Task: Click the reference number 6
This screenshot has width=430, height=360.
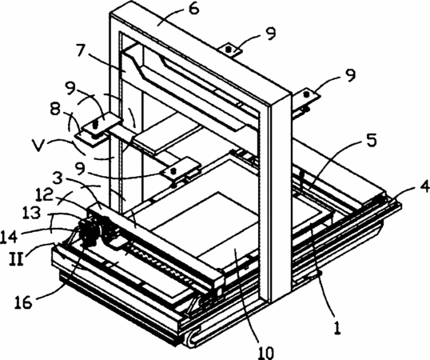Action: click(x=193, y=9)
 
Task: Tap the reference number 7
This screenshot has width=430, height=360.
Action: click(x=82, y=50)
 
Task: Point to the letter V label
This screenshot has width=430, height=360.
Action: click(x=38, y=144)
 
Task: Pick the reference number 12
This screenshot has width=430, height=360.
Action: click(x=44, y=196)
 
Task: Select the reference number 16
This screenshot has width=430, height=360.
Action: click(x=24, y=302)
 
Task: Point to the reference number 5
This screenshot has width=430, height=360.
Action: click(x=372, y=140)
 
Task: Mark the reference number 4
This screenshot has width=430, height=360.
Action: click(x=424, y=188)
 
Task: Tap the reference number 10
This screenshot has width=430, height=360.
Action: click(x=266, y=352)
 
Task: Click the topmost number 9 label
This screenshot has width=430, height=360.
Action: click(x=271, y=34)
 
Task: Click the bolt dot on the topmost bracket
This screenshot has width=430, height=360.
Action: click(x=229, y=50)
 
